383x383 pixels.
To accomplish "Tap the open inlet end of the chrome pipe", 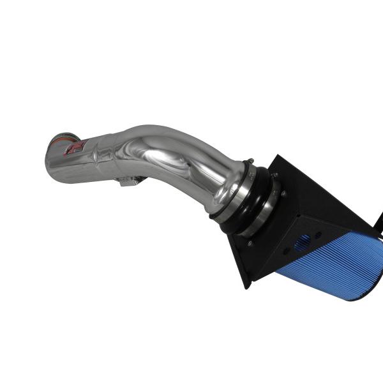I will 52,142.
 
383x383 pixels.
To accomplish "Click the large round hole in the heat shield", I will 304,241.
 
